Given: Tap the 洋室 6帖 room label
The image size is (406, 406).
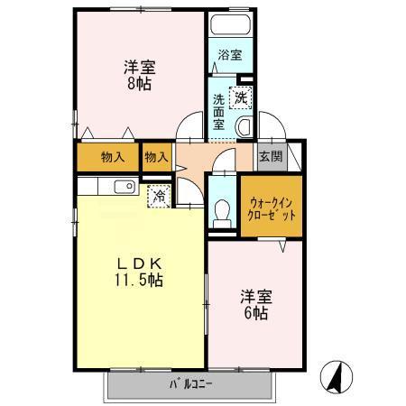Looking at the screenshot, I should coord(254,304).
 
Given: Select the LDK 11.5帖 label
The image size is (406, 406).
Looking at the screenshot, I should coord(138,271).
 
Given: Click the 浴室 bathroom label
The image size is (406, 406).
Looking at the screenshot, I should coord(229,55).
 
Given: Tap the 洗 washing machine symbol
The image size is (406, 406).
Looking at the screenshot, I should coord(241,97).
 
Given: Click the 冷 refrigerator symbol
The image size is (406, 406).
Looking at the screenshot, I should coord(159,194).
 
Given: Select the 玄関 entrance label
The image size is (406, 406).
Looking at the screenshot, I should coord(270,156).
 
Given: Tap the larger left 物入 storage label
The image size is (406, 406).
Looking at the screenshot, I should coord(112,157).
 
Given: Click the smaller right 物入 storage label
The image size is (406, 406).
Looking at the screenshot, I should coord(157,157).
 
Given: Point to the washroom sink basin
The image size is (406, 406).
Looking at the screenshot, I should coord(244,126).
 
